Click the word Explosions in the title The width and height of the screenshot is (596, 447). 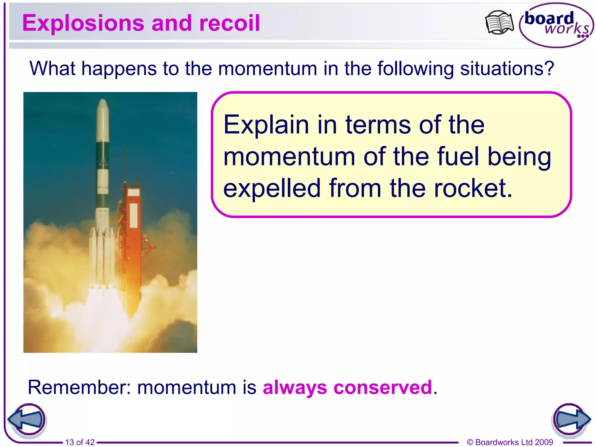tap(83, 23)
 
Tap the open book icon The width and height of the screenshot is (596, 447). tap(499, 23)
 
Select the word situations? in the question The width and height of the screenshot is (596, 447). tap(507, 69)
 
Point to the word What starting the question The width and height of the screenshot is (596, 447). tap(52, 69)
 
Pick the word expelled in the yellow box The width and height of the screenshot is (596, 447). tap(272, 189)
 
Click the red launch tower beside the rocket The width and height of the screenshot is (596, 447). tap(133, 233)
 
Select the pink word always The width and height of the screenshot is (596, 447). tap(295, 388)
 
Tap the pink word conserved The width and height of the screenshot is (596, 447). tap(383, 388)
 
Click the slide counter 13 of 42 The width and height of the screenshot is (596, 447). tap(80, 442)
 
